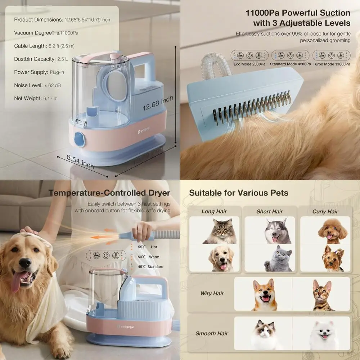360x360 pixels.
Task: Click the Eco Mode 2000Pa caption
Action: pyautogui.click(x=249, y=64)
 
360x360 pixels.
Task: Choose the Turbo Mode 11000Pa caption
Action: pyautogui.click(x=332, y=64)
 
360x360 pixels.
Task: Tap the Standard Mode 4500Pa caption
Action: pyautogui.click(x=290, y=64)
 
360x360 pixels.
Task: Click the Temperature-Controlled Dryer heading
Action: pyautogui.click(x=109, y=193)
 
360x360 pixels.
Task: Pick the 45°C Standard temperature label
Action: pyautogui.click(x=150, y=267)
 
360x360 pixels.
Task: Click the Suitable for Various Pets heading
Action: pyautogui.click(x=239, y=193)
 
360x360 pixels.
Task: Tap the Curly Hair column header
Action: pyautogui.click(x=325, y=211)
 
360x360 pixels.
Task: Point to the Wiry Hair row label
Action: pyautogui.click(x=212, y=293)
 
